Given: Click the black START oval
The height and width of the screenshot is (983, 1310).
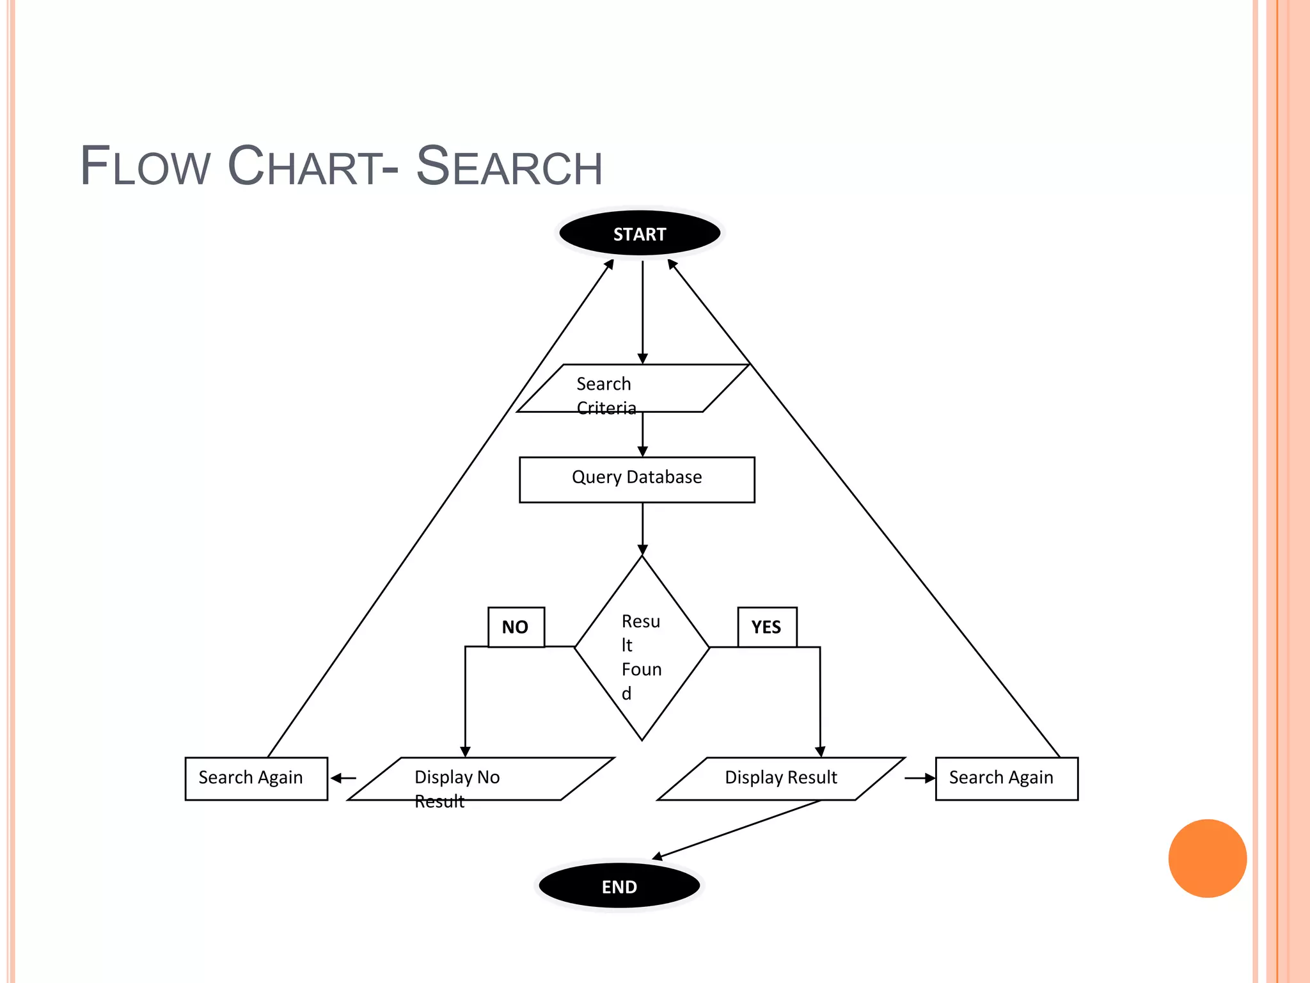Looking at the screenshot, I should tap(640, 234).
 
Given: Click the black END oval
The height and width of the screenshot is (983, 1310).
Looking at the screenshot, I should tap(619, 886).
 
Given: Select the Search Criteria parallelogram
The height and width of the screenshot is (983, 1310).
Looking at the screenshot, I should tap(633, 388).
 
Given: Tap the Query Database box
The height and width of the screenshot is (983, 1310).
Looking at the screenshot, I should tap(637, 479).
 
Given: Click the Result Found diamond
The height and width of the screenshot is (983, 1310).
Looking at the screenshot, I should tap(642, 648).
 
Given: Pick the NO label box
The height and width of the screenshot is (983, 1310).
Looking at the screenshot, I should tap(516, 627).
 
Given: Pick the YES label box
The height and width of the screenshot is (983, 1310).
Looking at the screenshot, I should tap(767, 627).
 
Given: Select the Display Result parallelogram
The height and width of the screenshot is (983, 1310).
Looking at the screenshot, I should tap(781, 779).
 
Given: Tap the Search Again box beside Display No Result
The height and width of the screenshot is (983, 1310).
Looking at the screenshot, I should tap(256, 779).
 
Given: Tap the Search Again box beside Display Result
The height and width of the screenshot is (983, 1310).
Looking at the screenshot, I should tap(1006, 779).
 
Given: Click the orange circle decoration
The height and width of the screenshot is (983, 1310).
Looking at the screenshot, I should tap(1207, 858).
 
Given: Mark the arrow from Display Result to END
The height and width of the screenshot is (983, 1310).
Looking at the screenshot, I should tap(736, 829).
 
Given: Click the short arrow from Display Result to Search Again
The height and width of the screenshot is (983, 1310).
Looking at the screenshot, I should tap(920, 778).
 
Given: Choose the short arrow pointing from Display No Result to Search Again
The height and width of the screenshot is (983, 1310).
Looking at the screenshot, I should tap(343, 778).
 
